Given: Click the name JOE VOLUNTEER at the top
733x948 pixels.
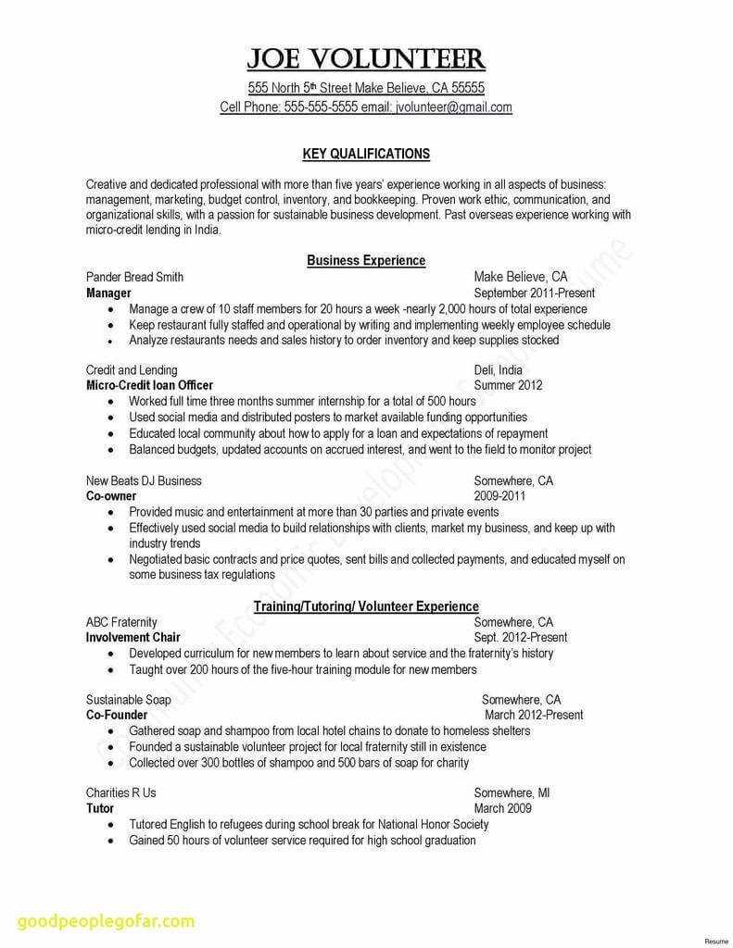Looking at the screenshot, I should pos(365,60).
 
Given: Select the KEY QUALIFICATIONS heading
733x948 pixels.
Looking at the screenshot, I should pos(366,154).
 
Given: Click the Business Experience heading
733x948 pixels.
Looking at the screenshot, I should pos(366,261).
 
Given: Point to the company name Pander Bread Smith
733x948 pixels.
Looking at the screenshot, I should pos(134,277).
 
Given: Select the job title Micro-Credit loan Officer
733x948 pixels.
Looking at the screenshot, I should pos(149,385).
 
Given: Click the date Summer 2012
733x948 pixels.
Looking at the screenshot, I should pos(509,385).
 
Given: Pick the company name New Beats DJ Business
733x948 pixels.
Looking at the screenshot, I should pos(144,481).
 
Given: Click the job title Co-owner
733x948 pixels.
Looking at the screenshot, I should pos(111,496).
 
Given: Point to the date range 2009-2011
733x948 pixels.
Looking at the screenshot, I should pos(499,496).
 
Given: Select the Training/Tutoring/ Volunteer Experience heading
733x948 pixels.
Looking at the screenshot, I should pos(366,606).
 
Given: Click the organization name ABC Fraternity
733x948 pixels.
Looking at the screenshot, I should pos(121,622).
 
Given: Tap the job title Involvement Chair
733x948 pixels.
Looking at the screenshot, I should pos(133,638).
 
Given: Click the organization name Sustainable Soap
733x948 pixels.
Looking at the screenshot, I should pos(129,700).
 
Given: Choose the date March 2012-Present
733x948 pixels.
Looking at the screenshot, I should pos(534,715).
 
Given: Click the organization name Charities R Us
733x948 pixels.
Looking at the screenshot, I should pos(121,792).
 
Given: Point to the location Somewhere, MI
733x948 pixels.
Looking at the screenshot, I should pos(512,792).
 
